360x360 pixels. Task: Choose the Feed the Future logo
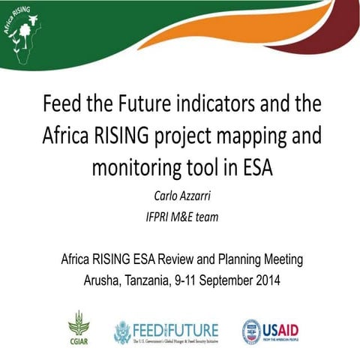pos(166,331)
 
